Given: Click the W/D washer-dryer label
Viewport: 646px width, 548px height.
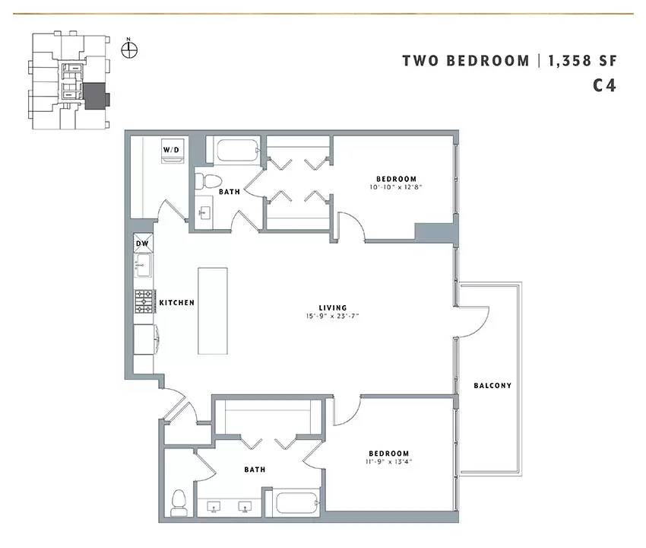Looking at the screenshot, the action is (171, 150).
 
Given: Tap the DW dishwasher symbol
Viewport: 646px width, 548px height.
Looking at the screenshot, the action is (143, 243).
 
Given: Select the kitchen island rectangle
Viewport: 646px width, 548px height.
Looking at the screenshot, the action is (213, 311).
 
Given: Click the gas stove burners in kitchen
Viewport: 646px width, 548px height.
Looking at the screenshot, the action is (144, 301).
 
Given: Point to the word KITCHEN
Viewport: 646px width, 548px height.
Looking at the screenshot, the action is (177, 302).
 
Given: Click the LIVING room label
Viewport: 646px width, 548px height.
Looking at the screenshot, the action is (333, 307).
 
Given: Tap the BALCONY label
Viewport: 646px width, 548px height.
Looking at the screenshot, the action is (492, 385).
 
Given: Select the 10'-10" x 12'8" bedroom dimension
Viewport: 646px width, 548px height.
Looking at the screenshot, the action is (396, 187).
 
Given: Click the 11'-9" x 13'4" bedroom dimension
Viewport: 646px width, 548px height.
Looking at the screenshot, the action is (388, 462).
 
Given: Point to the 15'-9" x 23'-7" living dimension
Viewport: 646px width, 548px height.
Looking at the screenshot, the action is (332, 316).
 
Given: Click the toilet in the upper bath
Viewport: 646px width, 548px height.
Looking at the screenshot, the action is (208, 180).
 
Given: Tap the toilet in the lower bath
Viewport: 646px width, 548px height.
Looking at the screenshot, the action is (179, 502).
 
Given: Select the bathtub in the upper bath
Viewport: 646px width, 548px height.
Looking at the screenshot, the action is (238, 150).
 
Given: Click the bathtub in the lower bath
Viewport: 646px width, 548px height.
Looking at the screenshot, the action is (297, 502).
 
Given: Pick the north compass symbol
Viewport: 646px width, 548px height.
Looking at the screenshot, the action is (129, 49).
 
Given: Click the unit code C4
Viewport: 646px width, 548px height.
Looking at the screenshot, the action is (604, 85).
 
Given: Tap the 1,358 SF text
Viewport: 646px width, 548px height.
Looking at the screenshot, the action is (582, 61).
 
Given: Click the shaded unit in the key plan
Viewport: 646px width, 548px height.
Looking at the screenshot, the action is (96, 96).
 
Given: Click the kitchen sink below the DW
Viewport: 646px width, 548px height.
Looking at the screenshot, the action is (144, 264).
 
